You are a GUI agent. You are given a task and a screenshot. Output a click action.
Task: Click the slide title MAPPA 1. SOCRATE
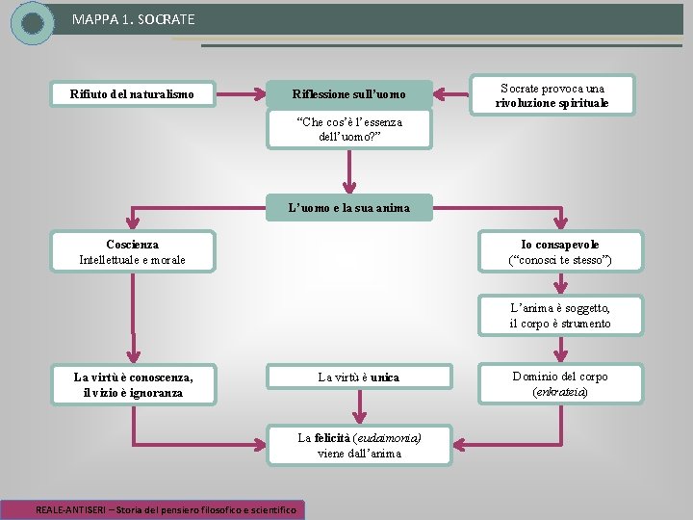click(x=133, y=19)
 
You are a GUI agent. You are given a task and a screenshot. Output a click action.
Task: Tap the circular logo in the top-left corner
click(x=33, y=23)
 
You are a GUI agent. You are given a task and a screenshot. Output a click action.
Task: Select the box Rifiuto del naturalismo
click(x=132, y=94)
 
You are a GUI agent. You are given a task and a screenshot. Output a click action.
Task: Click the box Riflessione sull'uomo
click(x=348, y=94)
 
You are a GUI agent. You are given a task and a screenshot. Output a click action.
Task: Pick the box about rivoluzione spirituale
click(x=552, y=95)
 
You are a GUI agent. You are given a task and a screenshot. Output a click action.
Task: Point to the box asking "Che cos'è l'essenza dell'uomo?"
click(x=349, y=129)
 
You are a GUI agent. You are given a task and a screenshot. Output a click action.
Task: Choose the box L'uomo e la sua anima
click(x=349, y=207)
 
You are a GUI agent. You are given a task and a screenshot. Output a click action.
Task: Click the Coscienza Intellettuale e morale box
click(x=132, y=252)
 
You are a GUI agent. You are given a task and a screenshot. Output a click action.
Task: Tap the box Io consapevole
click(x=559, y=252)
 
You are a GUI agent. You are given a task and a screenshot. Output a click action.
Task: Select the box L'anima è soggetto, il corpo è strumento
click(x=559, y=315)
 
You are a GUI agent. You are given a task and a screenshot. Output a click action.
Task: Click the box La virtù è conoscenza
click(x=132, y=384)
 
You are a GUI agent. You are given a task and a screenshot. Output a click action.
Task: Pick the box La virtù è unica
click(x=358, y=377)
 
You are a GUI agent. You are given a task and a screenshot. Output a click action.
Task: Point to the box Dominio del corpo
click(x=559, y=383)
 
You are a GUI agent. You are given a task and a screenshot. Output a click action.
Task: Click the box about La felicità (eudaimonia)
click(x=359, y=445)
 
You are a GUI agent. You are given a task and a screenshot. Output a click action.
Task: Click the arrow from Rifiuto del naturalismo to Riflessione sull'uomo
click(x=240, y=94)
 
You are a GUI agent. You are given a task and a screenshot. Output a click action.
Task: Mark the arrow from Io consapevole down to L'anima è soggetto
click(x=559, y=282)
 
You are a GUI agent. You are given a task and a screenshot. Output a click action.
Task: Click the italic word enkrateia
click(x=559, y=392)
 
